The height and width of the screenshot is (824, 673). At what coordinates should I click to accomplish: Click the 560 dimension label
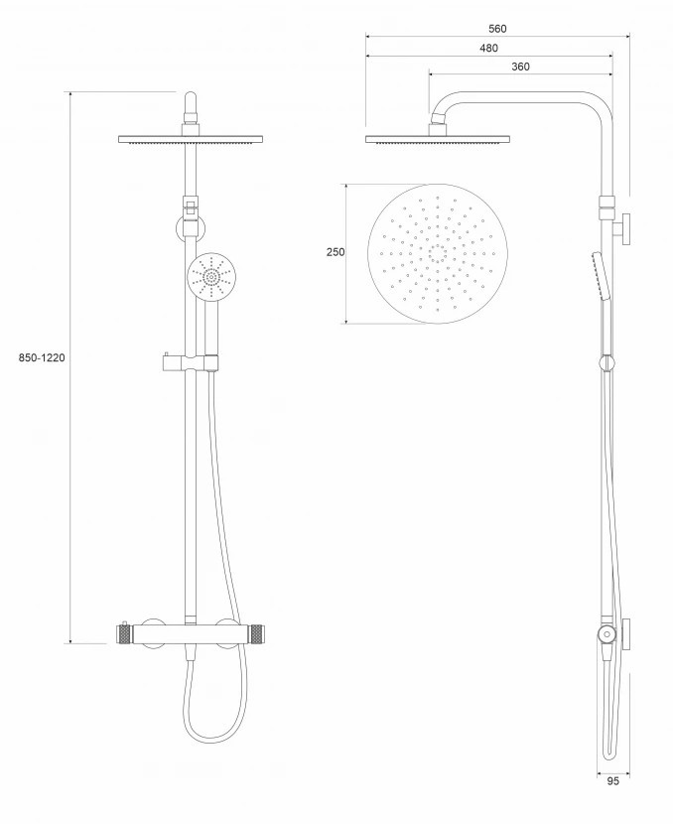pyautogui.click(x=497, y=29)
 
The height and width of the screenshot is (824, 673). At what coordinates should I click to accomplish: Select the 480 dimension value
pyautogui.click(x=488, y=49)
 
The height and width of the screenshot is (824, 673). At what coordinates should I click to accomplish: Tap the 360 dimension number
pyautogui.click(x=520, y=67)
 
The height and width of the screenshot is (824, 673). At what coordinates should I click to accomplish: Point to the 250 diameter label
pyautogui.click(x=336, y=252)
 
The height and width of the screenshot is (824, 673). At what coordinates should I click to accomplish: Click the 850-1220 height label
pyautogui.click(x=42, y=357)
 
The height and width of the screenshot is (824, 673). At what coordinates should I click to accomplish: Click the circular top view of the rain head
pyautogui.click(x=438, y=253)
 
